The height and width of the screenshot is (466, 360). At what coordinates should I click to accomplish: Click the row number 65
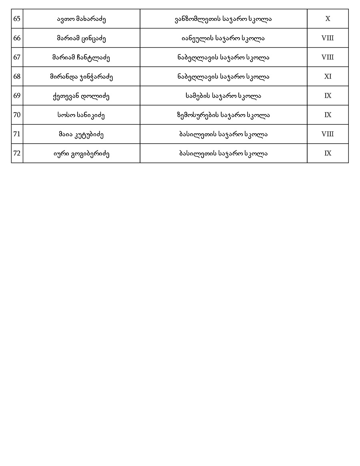pos(17,19)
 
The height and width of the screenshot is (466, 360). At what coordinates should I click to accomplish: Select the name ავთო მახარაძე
pos(81,19)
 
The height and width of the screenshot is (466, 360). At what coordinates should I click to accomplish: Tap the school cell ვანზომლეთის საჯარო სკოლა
pos(223,19)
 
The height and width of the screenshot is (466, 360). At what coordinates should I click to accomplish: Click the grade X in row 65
pos(328,19)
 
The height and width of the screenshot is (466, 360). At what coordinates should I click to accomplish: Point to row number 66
pos(17,38)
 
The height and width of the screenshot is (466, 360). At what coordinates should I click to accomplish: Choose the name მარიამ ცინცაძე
pos(81,38)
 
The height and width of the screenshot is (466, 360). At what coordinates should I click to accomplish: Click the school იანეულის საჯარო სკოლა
pos(223,38)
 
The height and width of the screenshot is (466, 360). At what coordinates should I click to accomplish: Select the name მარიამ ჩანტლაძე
pos(81,57)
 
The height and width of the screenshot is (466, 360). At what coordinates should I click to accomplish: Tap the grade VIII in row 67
pos(328,57)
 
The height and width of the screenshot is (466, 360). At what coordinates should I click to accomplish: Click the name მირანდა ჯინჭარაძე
pos(81,76)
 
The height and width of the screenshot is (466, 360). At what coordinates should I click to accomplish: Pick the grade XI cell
pos(328,76)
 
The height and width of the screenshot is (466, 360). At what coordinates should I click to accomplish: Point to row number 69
pos(17,96)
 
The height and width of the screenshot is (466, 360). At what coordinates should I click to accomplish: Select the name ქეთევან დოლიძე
pos(81,96)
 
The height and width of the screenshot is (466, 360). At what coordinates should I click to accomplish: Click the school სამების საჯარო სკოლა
pos(223,96)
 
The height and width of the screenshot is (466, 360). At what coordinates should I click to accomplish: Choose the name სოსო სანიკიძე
pos(81,115)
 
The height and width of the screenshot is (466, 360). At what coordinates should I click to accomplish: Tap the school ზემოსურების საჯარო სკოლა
pos(223,115)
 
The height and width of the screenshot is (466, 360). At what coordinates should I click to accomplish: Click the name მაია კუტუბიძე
pos(81,134)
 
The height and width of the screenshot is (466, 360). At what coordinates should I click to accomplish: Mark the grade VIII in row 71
pos(328,134)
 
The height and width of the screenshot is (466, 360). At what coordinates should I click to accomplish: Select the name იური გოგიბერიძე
pos(81,153)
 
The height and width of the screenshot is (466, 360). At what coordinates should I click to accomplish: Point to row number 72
pos(17,153)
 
